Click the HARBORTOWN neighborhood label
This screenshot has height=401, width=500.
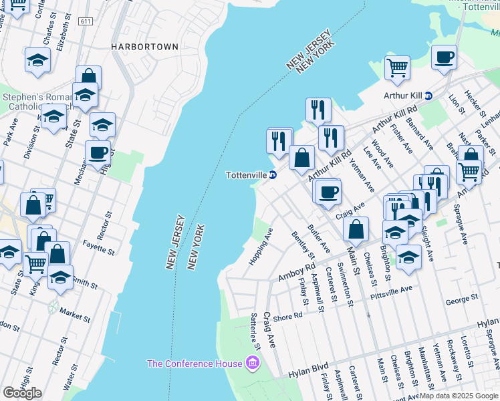145,47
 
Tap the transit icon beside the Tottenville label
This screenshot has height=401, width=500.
273,175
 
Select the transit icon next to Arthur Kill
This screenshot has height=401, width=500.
429,96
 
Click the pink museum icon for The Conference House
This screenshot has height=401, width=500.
252,364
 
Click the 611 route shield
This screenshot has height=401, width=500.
85,22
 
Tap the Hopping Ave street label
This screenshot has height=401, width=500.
261,247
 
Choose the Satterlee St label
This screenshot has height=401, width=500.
255,330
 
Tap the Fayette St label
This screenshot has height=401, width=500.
100,248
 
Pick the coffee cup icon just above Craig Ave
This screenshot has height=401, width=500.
327,192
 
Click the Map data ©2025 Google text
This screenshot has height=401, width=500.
459,396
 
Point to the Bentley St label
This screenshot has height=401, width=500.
302,245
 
